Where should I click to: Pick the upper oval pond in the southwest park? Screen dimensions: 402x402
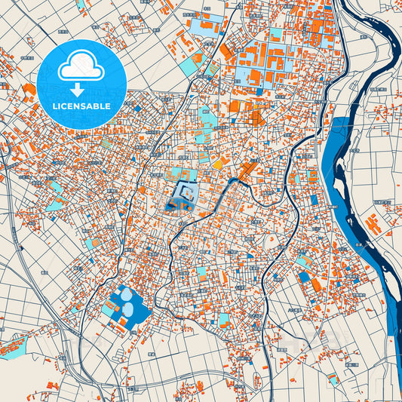(126, 295)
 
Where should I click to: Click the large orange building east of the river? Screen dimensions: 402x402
(372, 224)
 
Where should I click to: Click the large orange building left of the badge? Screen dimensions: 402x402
(29, 92)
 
